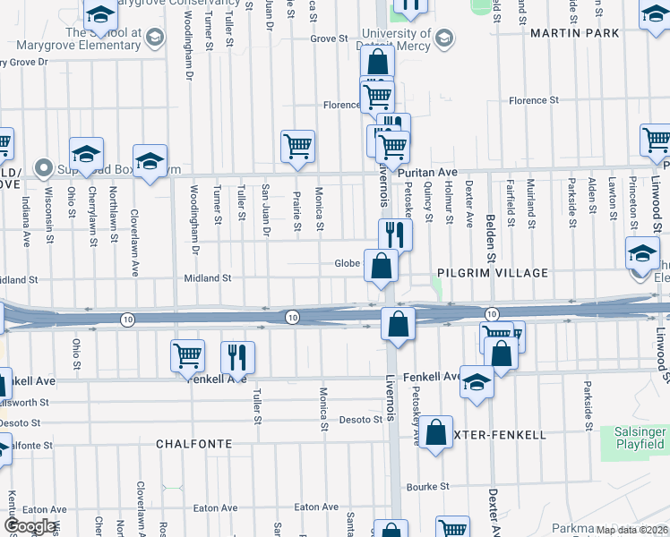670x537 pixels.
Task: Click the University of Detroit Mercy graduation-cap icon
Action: click(x=442, y=38)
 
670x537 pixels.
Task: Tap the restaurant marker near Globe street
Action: click(x=395, y=235)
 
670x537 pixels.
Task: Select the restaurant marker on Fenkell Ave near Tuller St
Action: click(x=237, y=357)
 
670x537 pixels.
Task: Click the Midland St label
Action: click(x=208, y=278)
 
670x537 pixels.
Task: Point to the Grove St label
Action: click(x=329, y=38)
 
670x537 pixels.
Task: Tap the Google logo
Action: click(x=30, y=526)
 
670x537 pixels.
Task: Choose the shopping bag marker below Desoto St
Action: click(x=435, y=433)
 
